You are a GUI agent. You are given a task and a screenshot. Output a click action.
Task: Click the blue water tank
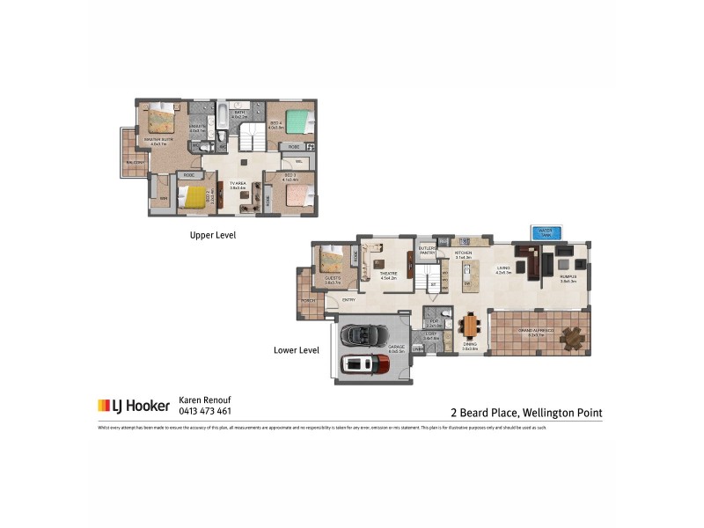tap(546, 232)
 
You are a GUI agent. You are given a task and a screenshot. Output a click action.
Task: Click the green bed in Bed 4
tap(300, 122)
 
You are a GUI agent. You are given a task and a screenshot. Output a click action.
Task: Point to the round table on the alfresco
tap(573, 338)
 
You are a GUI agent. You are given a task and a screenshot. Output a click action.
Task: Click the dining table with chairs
tap(471, 327)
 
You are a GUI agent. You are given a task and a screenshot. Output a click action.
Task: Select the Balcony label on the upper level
tap(135, 163)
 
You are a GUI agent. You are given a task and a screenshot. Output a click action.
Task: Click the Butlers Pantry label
tap(428, 251)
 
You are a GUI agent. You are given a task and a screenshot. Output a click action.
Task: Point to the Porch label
tap(308, 300)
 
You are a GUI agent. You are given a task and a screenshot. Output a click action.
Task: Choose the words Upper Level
tap(213, 236)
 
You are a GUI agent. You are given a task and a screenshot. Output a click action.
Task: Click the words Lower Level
tap(296, 349)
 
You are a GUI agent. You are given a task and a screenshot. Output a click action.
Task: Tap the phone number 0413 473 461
tap(205, 411)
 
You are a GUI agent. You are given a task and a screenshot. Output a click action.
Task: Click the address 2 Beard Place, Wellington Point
tap(525, 412)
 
